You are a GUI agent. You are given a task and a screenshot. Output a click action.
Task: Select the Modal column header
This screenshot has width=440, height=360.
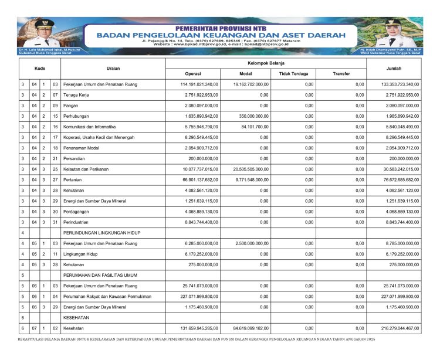coord(246,73)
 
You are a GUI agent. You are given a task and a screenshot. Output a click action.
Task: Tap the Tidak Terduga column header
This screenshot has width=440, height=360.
coord(293,73)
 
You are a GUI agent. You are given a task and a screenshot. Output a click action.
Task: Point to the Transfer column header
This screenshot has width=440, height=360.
coord(341,73)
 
